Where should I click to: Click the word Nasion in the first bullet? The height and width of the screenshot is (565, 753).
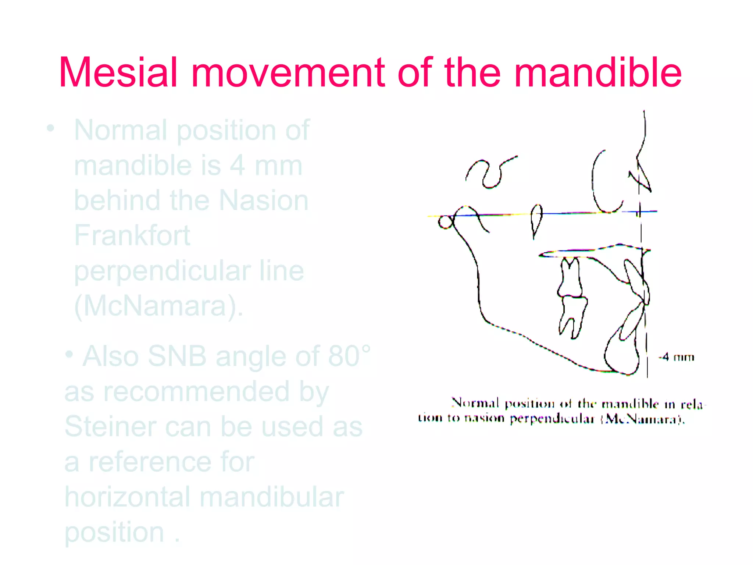click(x=264, y=200)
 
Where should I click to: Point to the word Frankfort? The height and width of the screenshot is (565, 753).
click(x=132, y=235)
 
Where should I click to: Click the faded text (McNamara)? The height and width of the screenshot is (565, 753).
click(x=158, y=306)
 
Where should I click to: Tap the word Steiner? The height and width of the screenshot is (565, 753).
click(x=110, y=427)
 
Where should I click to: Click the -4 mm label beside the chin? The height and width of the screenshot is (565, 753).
click(x=676, y=357)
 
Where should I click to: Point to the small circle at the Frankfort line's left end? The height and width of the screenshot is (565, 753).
click(x=446, y=222)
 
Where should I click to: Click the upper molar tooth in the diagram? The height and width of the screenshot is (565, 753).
click(x=570, y=278)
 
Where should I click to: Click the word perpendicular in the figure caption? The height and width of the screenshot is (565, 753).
click(x=552, y=419)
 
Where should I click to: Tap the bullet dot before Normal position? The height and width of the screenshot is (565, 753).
click(x=50, y=128)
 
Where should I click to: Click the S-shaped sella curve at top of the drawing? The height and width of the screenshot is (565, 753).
click(x=489, y=173)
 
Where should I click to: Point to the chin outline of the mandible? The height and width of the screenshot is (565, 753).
click(x=621, y=357)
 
